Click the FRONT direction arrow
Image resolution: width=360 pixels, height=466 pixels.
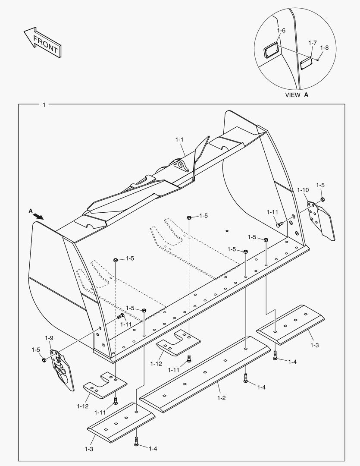point(42,43)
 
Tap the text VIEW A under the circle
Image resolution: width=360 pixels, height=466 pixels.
point(297,95)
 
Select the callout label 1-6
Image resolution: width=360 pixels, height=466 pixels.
point(281,31)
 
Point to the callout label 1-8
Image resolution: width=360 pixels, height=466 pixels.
point(324,48)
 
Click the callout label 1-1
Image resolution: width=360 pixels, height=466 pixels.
point(179,140)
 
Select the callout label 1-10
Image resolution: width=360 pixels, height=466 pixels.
point(303,190)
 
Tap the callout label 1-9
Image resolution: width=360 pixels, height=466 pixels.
point(49,338)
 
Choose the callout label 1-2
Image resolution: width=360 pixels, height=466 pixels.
point(221,398)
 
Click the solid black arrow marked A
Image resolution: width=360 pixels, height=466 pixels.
point(39,216)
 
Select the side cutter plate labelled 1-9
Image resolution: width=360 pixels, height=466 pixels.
point(60,367)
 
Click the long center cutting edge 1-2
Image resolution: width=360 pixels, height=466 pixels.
point(207,373)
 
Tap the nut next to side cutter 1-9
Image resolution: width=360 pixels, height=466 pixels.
point(44,360)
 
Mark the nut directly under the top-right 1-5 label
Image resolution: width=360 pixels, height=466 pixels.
point(322,199)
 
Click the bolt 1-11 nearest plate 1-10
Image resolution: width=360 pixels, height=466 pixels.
point(279,224)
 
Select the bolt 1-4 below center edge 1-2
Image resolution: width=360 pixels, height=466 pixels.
point(246,379)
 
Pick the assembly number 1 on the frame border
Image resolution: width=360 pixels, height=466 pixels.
point(44,105)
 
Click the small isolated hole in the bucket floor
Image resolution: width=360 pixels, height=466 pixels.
point(227,231)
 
